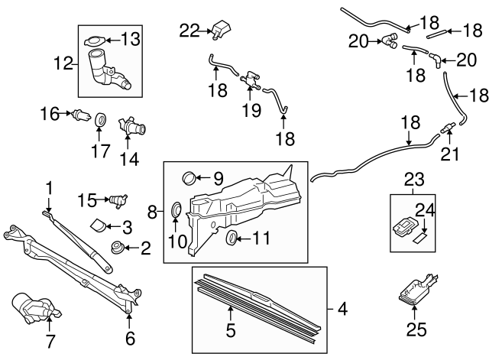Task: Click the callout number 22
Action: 189,31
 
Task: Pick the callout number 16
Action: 50,115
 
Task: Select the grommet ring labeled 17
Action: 100,120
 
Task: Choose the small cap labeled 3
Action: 99,225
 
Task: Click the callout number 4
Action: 340,310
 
